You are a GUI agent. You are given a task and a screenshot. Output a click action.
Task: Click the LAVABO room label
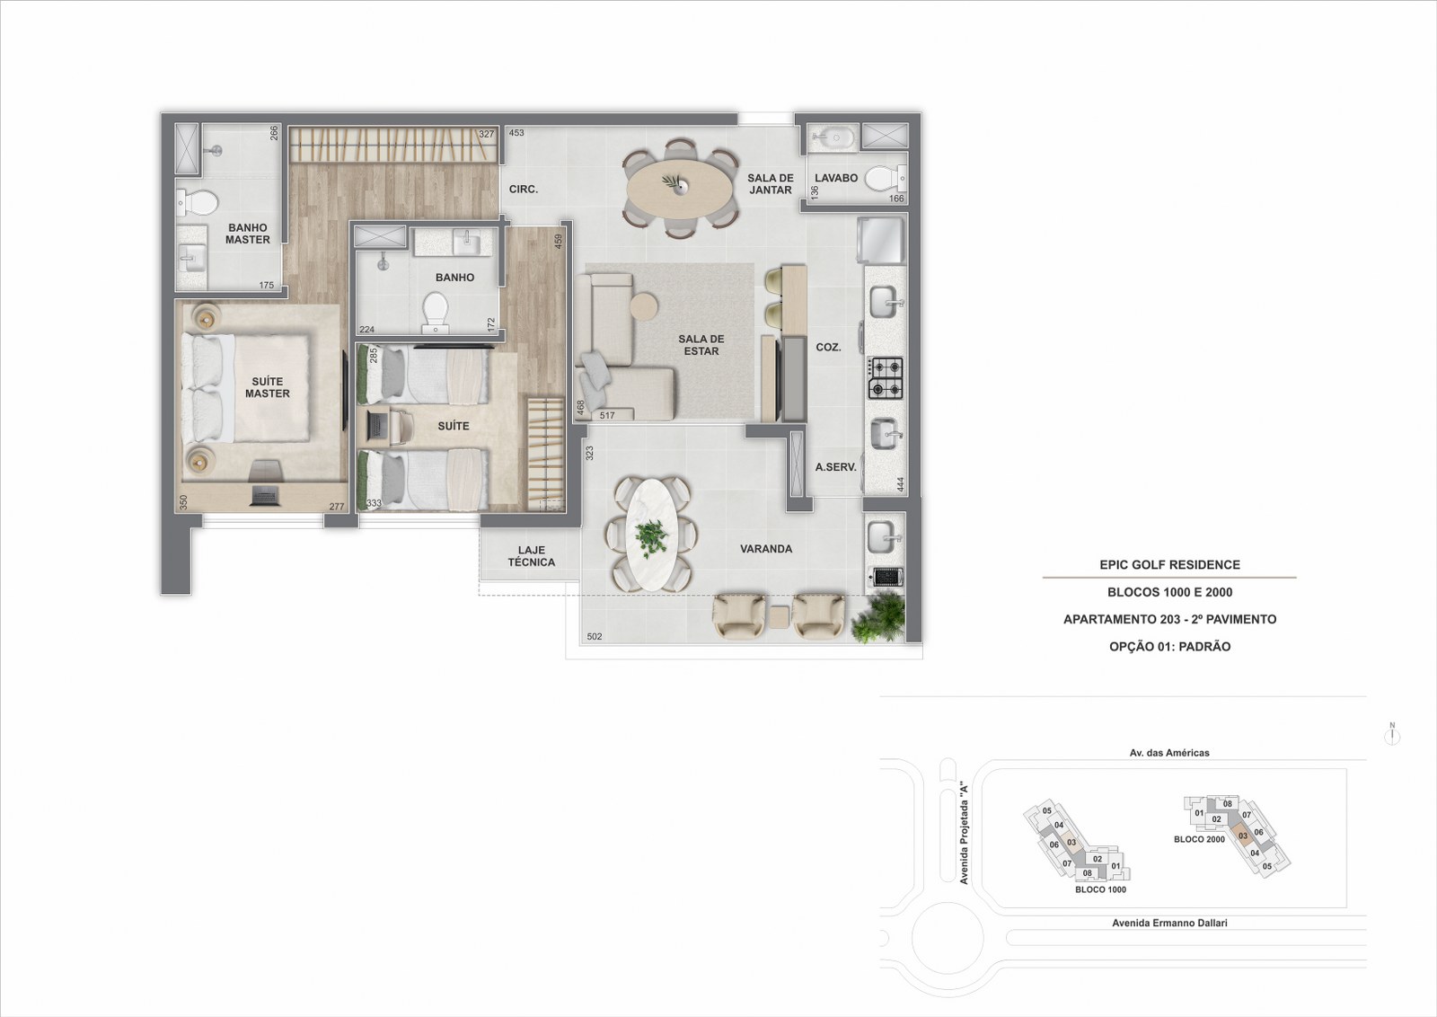pos(836,178)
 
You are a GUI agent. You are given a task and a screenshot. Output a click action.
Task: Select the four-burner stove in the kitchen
pos(886,378)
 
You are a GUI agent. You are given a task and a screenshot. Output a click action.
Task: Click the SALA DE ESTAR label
pos(701,345)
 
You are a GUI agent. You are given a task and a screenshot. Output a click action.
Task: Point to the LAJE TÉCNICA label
pos(531,555)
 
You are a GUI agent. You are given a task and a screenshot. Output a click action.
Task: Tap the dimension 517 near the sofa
pos(607,415)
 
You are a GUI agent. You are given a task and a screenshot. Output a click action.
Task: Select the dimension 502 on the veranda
pos(595,636)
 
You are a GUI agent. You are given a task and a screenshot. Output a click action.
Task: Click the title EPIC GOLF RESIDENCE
pos(1169,564)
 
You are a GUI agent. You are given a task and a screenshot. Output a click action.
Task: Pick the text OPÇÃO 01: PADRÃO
pos(1169,647)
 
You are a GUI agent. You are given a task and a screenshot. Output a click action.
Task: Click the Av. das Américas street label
pos(1169,753)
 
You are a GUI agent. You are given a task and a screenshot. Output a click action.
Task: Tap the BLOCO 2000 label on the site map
pos(1199,839)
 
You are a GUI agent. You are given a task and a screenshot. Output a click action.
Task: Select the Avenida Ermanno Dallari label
pos(1169,923)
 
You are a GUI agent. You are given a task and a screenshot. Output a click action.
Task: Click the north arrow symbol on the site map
pos(1392,734)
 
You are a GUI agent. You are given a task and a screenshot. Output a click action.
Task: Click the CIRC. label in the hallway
pos(524,190)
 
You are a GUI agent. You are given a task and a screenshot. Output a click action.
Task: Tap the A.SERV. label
pos(836,467)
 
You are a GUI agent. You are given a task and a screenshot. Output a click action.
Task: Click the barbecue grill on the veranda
pos(886,577)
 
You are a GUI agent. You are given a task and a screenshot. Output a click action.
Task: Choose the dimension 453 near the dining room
pos(516,133)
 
